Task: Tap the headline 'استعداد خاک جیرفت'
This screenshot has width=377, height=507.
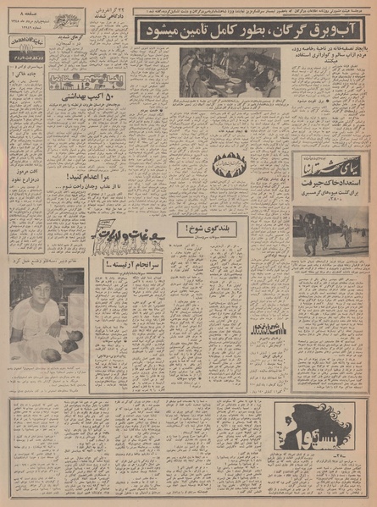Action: [328, 180]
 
